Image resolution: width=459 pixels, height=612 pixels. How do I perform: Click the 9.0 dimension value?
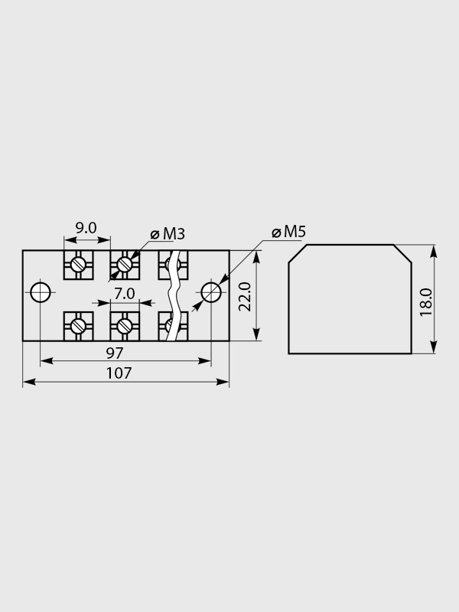click(86, 228)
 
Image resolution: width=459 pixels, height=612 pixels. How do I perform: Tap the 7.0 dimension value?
click(125, 294)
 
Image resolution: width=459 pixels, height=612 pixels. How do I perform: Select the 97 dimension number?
click(115, 353)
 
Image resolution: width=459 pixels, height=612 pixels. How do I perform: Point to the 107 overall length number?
click(119, 373)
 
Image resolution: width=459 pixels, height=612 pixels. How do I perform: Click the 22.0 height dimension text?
click(245, 297)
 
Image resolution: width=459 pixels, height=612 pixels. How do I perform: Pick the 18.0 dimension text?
click(426, 302)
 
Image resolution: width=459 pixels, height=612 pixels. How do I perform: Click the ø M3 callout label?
click(168, 234)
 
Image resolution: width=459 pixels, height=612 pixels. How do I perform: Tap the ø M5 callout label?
click(289, 232)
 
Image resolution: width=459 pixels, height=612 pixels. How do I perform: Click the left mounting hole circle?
click(41, 292)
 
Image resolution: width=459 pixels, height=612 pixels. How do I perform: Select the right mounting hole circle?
click(211, 292)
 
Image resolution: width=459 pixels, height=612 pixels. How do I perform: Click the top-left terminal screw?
click(79, 265)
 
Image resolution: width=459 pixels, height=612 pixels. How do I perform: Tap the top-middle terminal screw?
click(125, 265)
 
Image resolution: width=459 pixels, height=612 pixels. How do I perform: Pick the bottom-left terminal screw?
click(79, 326)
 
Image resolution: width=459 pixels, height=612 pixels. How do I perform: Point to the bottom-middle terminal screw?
click(125, 326)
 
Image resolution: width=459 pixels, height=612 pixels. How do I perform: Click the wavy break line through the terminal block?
click(172, 295)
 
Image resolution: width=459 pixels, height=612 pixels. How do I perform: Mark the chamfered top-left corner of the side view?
click(298, 254)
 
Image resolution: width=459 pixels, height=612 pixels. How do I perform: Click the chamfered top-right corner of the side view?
click(402, 254)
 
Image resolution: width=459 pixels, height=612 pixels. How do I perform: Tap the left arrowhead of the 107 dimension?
click(29, 382)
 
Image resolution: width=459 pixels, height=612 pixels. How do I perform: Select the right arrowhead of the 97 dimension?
click(204, 361)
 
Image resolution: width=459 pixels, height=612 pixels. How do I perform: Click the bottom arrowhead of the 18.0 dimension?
click(433, 347)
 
